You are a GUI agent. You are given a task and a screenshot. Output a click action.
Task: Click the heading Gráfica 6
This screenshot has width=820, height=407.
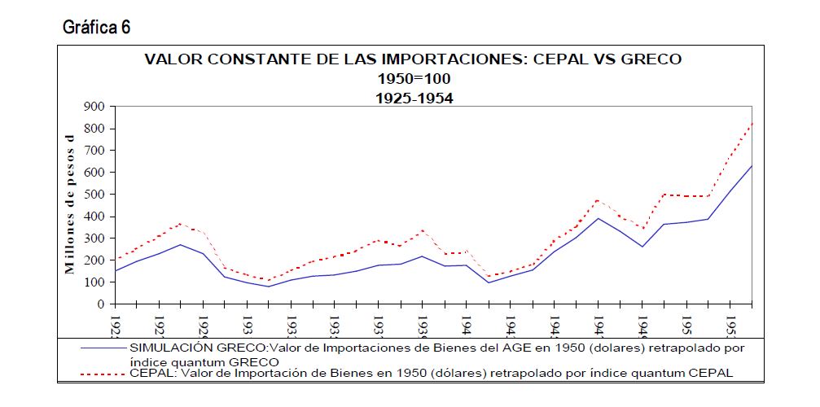tap(96, 28)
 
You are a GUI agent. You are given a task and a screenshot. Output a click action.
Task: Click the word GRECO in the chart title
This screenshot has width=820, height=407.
tap(649, 59)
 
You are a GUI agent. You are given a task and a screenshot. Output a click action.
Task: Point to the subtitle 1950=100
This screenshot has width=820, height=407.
tap(413, 79)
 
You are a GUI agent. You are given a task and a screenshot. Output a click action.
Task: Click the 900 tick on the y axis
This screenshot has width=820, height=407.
tap(94, 107)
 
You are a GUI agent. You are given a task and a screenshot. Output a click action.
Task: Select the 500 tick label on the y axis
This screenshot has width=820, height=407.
tap(94, 195)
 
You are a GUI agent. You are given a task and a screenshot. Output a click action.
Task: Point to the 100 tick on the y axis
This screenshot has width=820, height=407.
tap(94, 282)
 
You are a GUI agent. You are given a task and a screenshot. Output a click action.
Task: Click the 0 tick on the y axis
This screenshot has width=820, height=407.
tap(102, 304)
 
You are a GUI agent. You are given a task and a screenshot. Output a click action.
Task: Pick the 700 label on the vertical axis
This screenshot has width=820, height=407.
tap(94, 151)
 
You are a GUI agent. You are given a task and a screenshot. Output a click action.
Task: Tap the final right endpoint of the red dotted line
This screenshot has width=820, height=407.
tap(752, 122)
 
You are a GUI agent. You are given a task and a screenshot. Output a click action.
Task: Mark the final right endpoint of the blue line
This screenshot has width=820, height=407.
tap(752, 166)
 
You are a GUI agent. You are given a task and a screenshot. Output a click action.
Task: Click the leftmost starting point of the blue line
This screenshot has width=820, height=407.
tap(115, 271)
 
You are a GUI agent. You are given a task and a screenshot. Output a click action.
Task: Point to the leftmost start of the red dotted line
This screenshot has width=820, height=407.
tap(115, 260)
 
